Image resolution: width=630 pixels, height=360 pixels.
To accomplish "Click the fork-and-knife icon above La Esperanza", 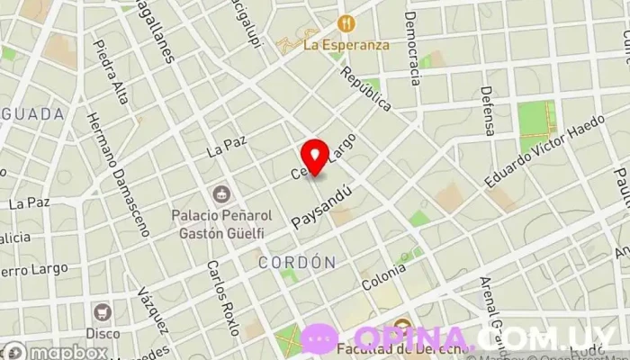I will click(x=344, y=22).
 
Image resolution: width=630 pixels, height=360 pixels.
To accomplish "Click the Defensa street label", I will click(x=487, y=111).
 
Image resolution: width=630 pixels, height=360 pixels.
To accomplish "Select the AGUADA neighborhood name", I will click(x=32, y=114).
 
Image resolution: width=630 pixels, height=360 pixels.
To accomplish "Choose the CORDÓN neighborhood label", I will click(x=297, y=262).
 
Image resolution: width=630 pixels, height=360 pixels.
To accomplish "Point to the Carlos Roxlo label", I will click(x=220, y=298).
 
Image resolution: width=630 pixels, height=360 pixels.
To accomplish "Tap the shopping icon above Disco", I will click(x=102, y=311).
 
